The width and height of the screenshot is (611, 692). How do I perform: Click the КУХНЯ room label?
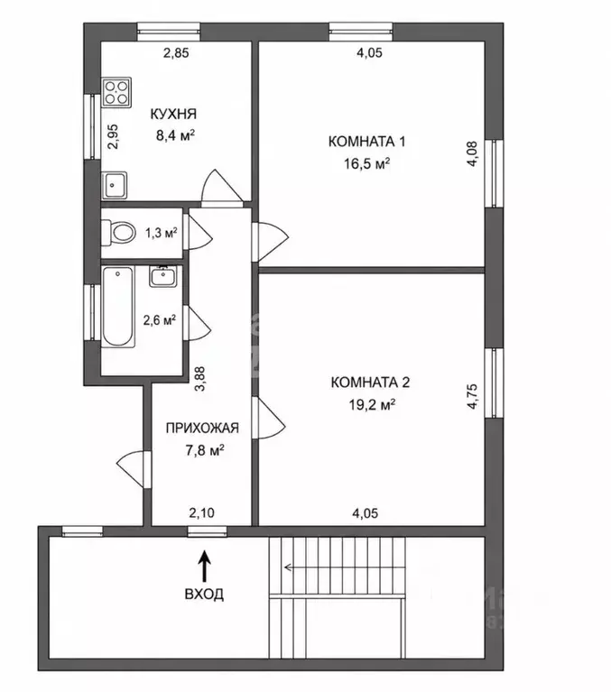pyautogui.click(x=173, y=114)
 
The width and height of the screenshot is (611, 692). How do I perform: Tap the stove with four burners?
pyautogui.click(x=117, y=92)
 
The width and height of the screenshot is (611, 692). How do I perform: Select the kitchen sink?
pyautogui.click(x=115, y=185)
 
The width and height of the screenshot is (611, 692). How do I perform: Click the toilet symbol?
pyautogui.click(x=118, y=232)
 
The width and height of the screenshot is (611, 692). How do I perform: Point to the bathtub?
pyautogui.click(x=118, y=307)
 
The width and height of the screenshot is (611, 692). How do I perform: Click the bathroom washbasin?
pyautogui.click(x=163, y=276)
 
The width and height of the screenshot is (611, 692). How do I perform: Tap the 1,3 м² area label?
pyautogui.click(x=162, y=233)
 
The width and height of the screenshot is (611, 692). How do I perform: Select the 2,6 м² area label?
pyautogui.click(x=160, y=320)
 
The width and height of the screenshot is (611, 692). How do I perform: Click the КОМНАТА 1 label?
pyautogui.click(x=366, y=142)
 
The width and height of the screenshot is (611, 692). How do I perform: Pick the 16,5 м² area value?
pyautogui.click(x=366, y=164)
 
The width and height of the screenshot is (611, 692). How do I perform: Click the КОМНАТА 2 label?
pyautogui.click(x=370, y=383)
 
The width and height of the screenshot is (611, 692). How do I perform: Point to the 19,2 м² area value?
pyautogui.click(x=372, y=405)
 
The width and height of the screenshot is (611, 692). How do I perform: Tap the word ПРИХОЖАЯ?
pyautogui.click(x=202, y=428)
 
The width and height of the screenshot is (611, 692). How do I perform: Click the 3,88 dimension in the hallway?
pyautogui.click(x=201, y=380)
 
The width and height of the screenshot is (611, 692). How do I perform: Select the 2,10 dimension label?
pyautogui.click(x=202, y=512)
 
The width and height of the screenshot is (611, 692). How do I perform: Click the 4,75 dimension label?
pyautogui.click(x=472, y=396)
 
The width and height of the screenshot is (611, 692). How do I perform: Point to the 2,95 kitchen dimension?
pyautogui.click(x=114, y=136)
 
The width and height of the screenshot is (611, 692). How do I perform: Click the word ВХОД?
pyautogui.click(x=204, y=594)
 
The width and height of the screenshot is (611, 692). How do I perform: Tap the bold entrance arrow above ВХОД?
pyautogui.click(x=204, y=566)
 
